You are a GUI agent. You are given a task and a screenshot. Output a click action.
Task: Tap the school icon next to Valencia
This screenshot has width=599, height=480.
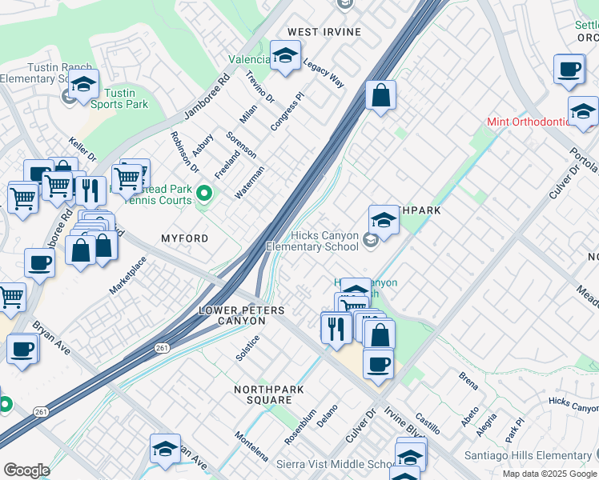pos(283,57)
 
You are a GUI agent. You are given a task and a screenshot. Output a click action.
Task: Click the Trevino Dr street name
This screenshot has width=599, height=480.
pos(259,88)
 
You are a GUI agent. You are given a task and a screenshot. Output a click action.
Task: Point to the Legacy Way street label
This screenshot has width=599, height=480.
pos(324,76)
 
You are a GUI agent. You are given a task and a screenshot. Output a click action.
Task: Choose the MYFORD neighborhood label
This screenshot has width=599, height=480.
pos(184,238)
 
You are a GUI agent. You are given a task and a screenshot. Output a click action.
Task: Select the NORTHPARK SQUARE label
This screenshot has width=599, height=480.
pos(262,394)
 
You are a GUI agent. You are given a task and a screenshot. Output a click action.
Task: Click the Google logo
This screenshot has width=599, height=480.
pos(26,470)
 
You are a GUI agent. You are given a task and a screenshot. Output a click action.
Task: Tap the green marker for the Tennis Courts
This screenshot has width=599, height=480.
pos(203,193)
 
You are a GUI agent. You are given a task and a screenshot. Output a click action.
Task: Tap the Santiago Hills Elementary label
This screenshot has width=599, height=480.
pos(529,455)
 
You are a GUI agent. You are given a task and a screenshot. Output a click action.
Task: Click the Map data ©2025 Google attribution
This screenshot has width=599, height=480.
pos(549,474)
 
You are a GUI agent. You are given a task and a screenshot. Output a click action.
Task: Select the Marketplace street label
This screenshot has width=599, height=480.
pos(128,276)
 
